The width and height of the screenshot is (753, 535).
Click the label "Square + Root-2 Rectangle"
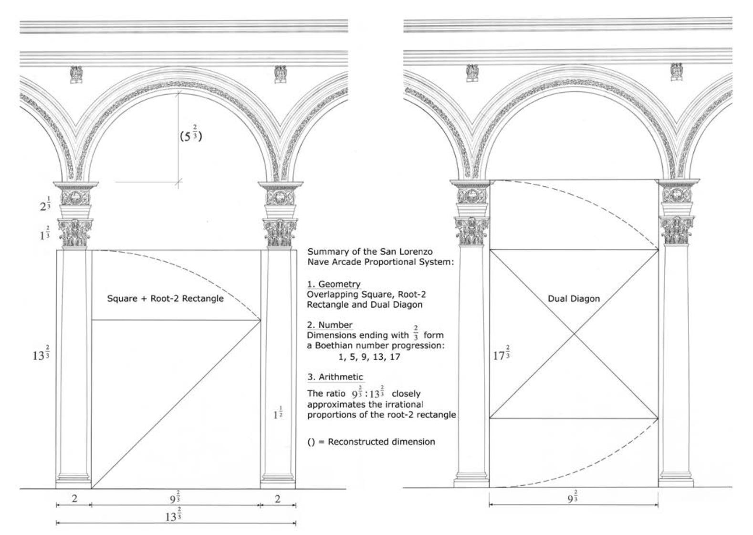pos(165,299)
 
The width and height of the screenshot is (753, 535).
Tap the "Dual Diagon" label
pos(574,299)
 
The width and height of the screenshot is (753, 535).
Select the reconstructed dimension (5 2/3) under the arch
pos(191,136)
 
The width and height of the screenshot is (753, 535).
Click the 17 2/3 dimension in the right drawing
pos(501,355)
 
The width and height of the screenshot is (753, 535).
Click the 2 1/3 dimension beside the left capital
pos(45,205)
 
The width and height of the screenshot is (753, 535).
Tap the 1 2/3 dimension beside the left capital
pos(45,234)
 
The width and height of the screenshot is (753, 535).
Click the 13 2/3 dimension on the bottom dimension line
pos(173,516)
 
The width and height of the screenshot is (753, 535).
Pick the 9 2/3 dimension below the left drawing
pos(175,498)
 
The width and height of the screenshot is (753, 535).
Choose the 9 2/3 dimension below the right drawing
pos(573,498)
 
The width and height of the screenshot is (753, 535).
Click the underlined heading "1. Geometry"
pos(334,284)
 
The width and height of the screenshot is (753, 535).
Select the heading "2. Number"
pos(330,325)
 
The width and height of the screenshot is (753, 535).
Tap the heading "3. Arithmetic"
pos(335,377)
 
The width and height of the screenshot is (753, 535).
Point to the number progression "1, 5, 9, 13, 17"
pos(367,356)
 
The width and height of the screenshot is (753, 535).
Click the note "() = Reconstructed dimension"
pos(371,441)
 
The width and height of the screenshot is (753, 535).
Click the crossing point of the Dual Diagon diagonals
pos(574,334)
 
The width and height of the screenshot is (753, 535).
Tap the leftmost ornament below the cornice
pos(76,75)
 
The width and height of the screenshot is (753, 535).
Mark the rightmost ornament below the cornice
pos(676,71)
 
